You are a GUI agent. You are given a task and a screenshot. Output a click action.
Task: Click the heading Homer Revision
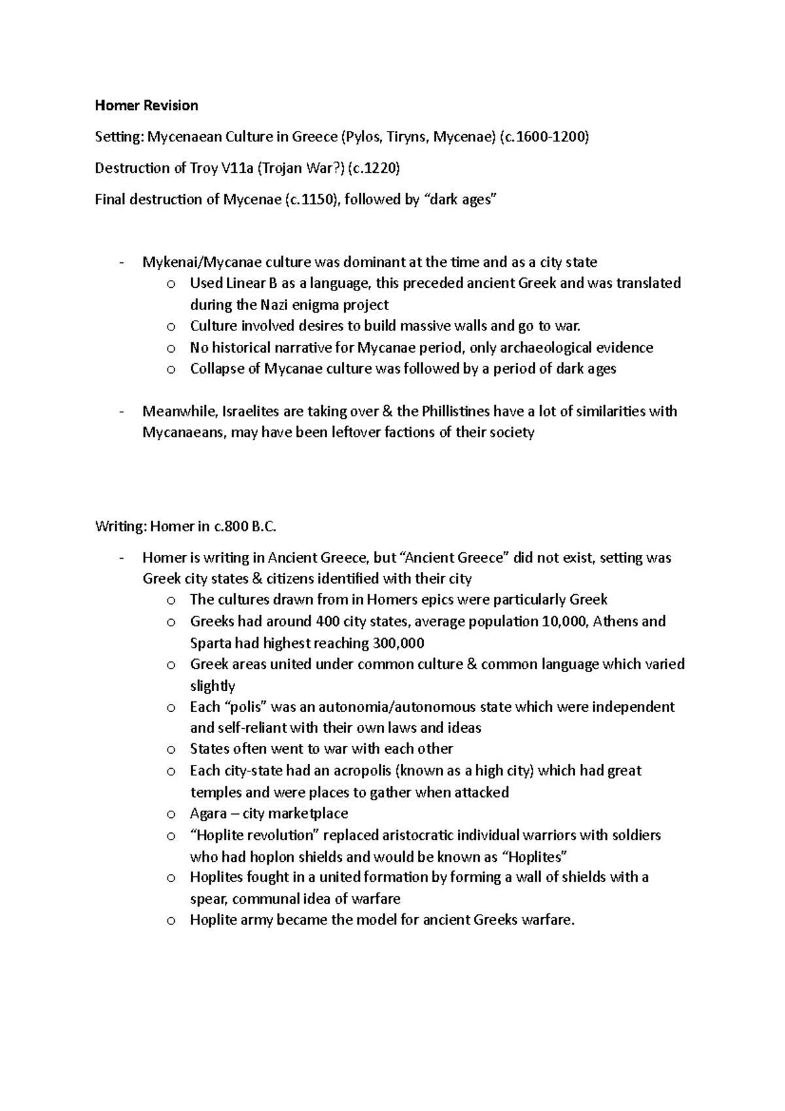tap(146, 105)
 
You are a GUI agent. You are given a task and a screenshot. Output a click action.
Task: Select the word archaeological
tap(546, 347)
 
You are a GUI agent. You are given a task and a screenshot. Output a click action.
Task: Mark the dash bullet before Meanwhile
tap(122, 412)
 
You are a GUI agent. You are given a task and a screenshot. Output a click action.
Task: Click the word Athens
tap(617, 621)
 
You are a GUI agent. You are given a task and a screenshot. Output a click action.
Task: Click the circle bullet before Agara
tap(171, 815)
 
